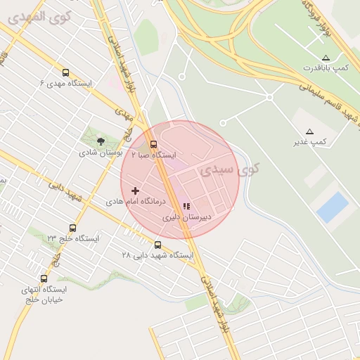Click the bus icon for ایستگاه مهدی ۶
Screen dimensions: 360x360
click(66, 72)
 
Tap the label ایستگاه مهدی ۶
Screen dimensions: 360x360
click(66, 84)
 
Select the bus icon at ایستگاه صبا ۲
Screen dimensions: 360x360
click(154, 144)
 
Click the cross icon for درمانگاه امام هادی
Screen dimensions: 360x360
click(135, 191)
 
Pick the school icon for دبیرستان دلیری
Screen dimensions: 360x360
click(186, 207)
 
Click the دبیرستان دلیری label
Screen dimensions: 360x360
click(186, 217)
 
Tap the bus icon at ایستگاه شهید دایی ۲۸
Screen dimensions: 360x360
click(157, 245)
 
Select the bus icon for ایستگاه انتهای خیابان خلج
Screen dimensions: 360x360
click(44, 278)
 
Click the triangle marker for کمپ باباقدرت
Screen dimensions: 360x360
click(325, 58)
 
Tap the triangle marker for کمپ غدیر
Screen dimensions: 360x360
click(309, 131)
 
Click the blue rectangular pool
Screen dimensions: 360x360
click(332, 207)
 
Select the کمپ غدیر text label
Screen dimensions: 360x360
click(309, 142)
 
